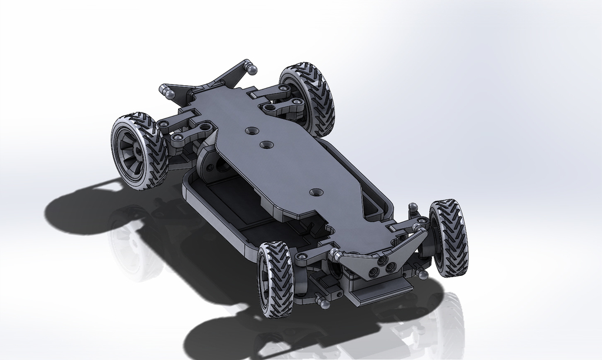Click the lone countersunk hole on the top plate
pos(316,192)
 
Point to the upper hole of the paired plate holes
pos(252,129)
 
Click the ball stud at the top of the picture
pos(252,69)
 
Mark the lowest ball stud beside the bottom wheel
pos(322,301)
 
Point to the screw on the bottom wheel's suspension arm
pos(302,256)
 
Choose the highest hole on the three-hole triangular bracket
pos(382,259)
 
